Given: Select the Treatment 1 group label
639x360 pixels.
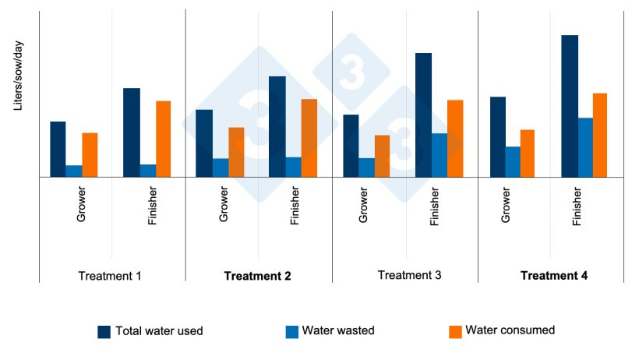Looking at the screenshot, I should coord(110,276).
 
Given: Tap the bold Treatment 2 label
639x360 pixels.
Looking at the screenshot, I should coord(257,276).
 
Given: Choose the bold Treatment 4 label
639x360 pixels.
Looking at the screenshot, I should coord(554,276).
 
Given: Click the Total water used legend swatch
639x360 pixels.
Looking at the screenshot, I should coord(104,331).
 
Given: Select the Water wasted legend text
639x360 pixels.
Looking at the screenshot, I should coord(338,330).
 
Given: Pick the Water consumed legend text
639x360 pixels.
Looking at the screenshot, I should coord(510,330).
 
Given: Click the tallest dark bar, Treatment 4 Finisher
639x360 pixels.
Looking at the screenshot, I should coord(570,106).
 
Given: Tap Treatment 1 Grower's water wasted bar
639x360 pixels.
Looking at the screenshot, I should coord(74,171).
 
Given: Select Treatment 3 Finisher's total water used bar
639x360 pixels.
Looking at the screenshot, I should coord(423,115).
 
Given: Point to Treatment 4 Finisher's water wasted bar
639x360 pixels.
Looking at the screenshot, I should coord(585,147).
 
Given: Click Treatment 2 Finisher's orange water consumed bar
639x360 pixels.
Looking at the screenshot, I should coord(309,138).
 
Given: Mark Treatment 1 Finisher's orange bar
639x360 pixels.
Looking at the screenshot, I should coord(163,139).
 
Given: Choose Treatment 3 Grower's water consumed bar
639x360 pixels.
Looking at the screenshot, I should coord(382,156).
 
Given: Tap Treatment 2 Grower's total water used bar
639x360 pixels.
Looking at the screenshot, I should coord(204,143).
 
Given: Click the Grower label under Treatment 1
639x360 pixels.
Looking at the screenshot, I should coord(81,204).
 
